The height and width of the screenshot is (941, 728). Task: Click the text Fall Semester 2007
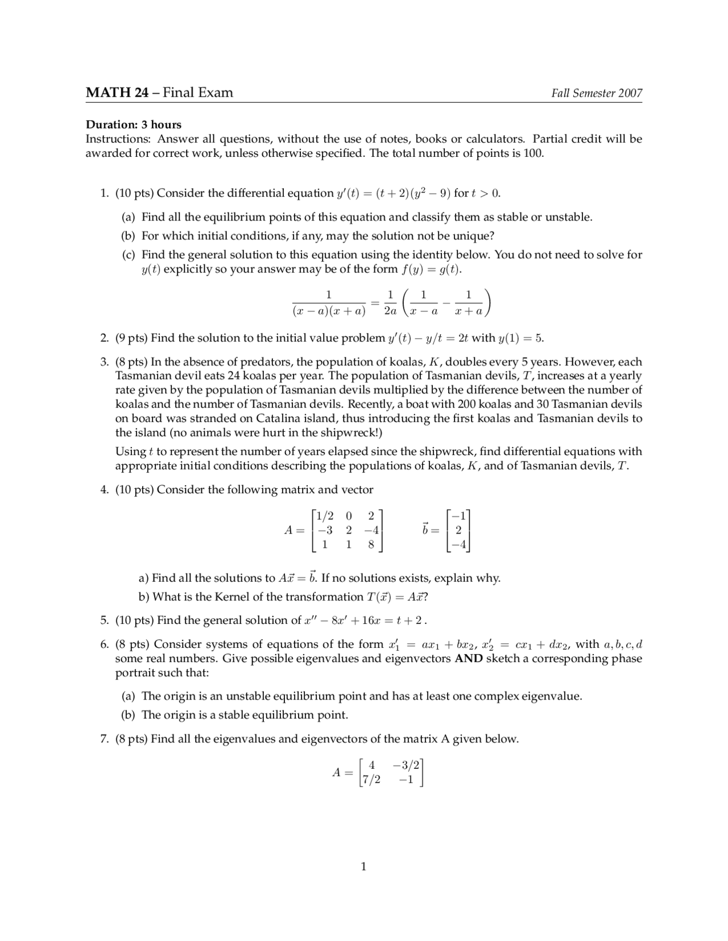(597, 93)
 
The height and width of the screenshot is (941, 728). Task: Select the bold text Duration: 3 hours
(134, 124)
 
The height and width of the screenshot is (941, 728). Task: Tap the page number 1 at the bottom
(363, 866)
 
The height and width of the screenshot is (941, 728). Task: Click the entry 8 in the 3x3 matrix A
(371, 544)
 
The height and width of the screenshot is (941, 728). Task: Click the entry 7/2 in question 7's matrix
(371, 780)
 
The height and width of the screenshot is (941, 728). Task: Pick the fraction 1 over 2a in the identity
(390, 302)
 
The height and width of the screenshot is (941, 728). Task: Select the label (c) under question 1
(129, 255)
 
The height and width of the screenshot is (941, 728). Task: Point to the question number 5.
(105, 621)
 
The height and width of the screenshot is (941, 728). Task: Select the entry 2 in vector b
(458, 530)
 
